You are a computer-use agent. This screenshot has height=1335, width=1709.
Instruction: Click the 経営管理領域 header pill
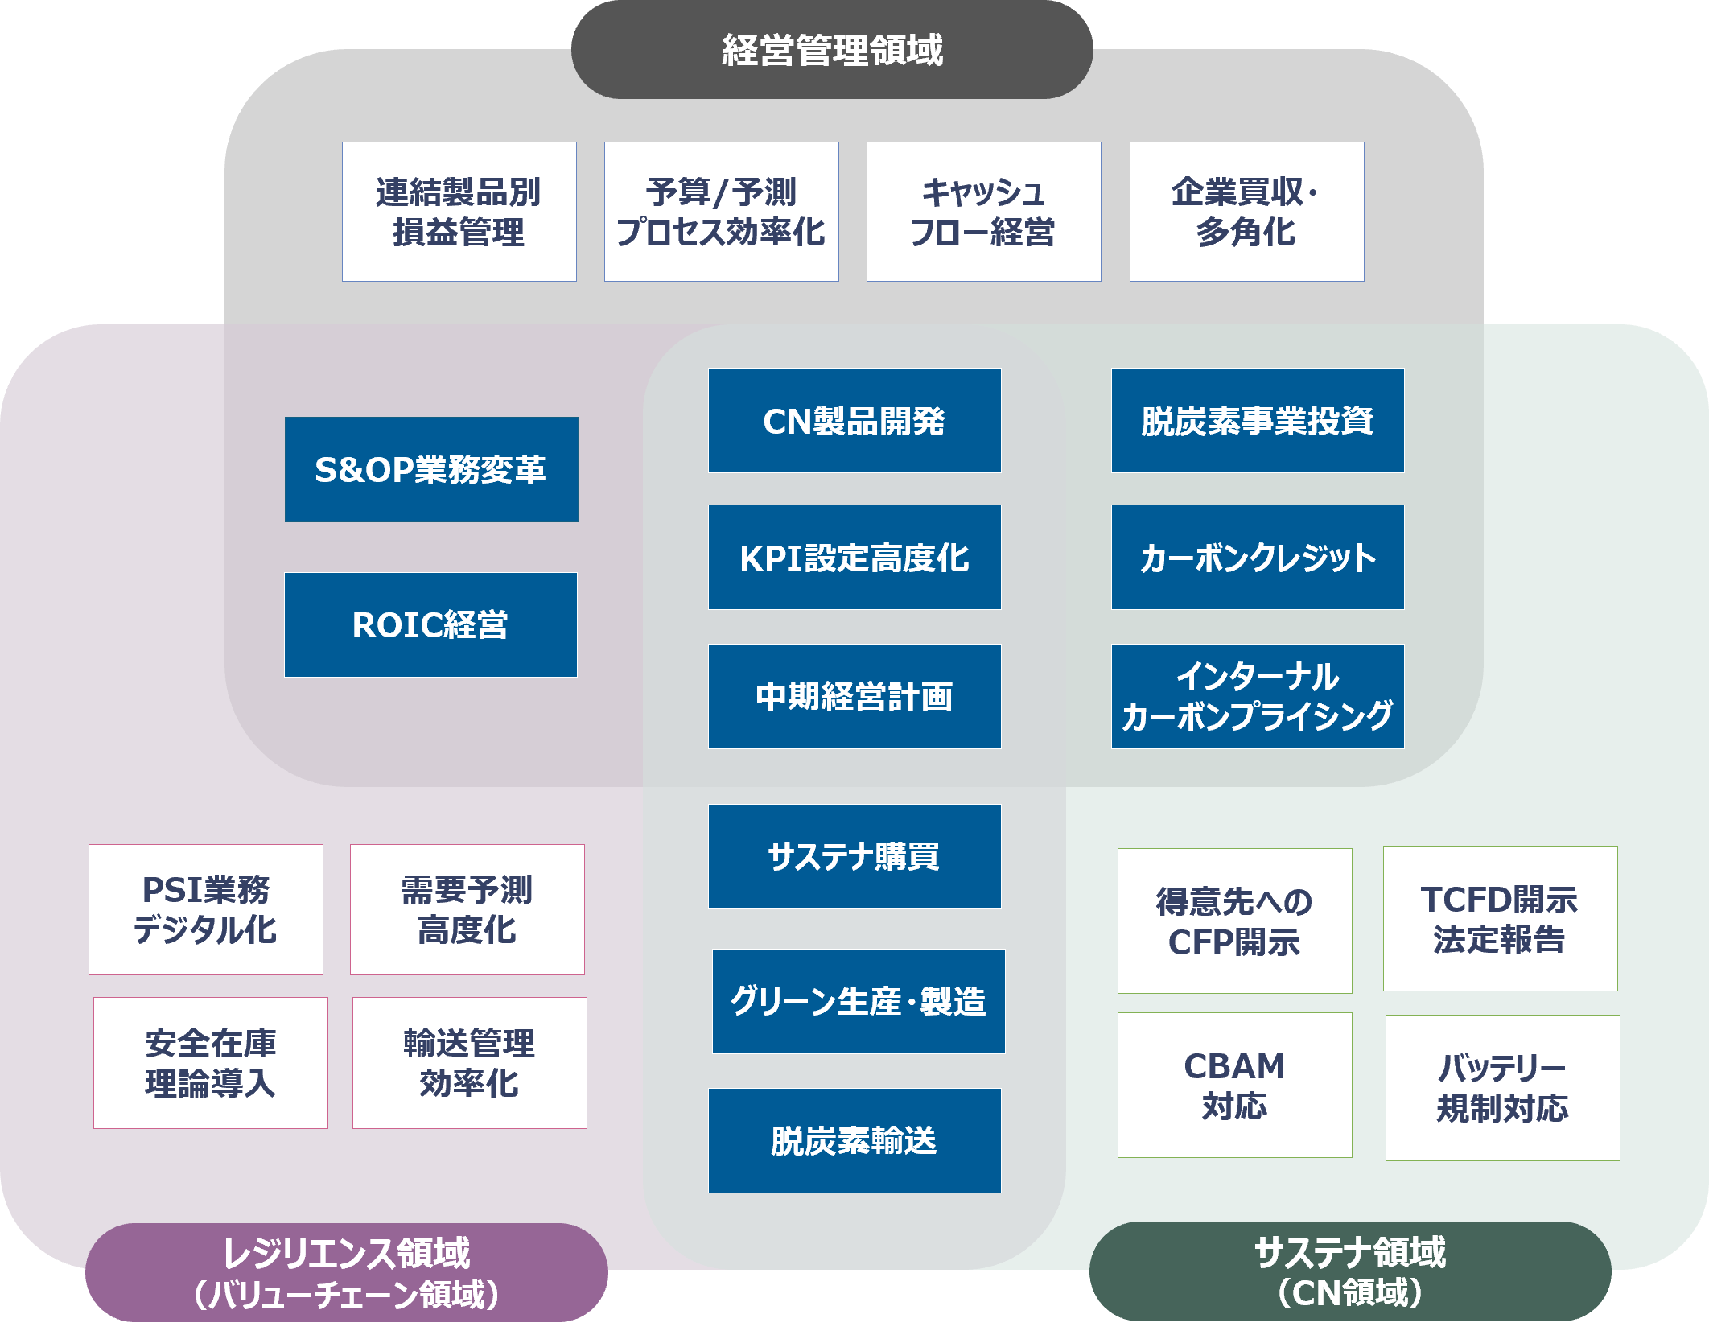pos(831,50)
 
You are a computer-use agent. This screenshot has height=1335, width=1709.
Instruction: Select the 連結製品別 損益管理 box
pos(459,212)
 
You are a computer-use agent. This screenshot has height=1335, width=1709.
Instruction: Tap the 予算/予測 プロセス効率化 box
pos(721,212)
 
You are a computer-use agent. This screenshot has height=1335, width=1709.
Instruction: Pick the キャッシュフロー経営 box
pos(983,212)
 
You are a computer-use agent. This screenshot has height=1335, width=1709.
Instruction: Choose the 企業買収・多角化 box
pos(1246,212)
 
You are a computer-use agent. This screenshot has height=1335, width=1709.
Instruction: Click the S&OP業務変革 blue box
pos(431,470)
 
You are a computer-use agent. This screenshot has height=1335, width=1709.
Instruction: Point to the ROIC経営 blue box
pos(430,625)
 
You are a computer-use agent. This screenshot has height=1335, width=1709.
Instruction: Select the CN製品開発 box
pos(854,421)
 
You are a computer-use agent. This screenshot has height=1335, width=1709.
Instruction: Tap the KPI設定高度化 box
pos(854,558)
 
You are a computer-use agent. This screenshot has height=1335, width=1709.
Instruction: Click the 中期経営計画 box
pos(854,697)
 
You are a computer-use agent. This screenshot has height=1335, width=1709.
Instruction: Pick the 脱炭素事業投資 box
pos(1258,421)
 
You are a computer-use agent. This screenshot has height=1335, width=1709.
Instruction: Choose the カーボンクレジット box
pos(1258,558)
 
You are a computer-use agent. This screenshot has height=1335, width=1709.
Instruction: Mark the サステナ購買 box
pos(854,856)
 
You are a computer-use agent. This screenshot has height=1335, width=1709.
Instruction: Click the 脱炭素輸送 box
pos(854,1140)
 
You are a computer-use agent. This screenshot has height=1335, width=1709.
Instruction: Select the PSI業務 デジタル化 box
pos(206,909)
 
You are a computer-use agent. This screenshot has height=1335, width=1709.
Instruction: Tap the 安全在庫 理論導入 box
pos(211,1063)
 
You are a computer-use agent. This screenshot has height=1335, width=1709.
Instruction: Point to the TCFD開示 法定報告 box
pos(1500,918)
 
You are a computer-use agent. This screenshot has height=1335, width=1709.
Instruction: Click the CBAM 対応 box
pos(1234,1085)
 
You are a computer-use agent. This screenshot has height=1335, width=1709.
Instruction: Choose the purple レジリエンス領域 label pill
pos(346,1272)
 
